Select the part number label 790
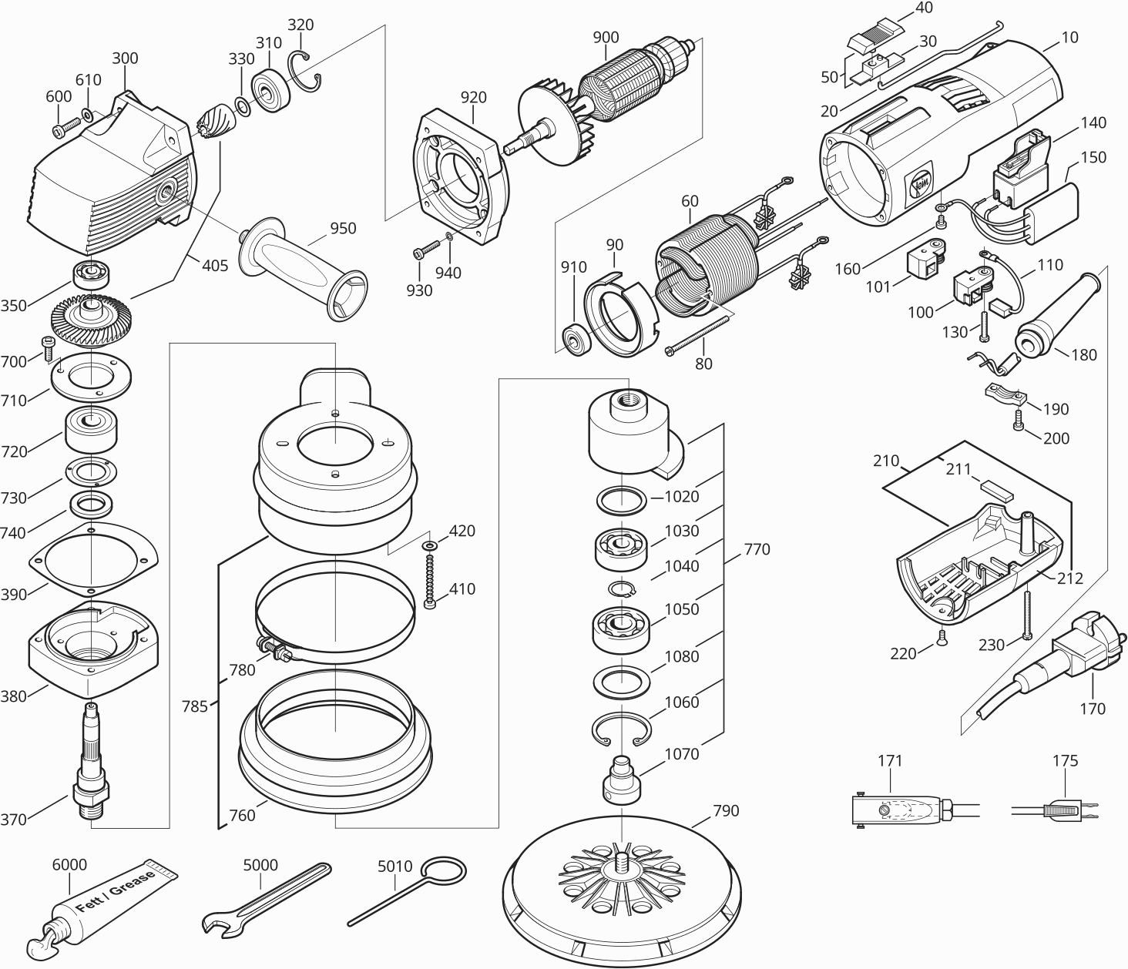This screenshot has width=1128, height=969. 726,810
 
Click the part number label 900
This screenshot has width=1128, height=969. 606,37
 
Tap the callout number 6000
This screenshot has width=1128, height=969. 69,865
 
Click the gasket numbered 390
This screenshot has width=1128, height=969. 92,560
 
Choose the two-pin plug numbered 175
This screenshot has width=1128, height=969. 1067,811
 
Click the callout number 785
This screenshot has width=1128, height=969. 195,706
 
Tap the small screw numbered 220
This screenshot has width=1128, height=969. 940,634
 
